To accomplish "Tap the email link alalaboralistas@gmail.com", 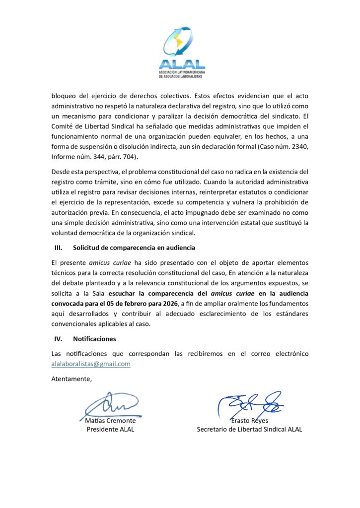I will [x=91, y=364].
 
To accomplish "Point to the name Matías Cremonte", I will [x=110, y=421].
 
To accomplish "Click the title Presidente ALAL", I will [x=110, y=429].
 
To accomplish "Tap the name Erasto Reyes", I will [x=249, y=421].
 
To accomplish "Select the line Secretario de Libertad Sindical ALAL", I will [x=249, y=429].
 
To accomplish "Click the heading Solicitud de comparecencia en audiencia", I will [x=134, y=248].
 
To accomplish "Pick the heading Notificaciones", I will [x=94, y=339].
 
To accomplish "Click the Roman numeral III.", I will [x=58, y=248].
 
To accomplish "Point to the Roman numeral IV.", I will [x=58, y=339].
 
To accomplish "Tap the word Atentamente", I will [x=72, y=379].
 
